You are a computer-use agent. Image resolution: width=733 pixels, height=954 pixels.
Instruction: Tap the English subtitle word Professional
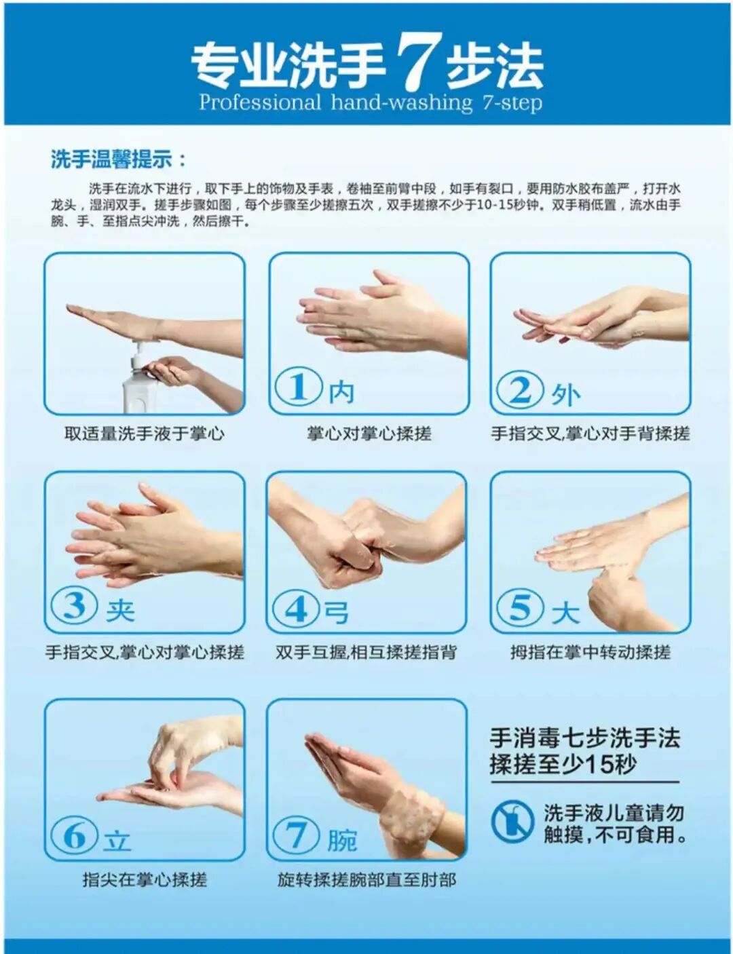click(259, 103)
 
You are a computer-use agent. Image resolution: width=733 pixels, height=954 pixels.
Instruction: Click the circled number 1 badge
click(298, 387)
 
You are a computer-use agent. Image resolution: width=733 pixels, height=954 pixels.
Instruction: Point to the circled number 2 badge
click(520, 390)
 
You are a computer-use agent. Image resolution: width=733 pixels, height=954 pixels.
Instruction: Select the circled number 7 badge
click(297, 835)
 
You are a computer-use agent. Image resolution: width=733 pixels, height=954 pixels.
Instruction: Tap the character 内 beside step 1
click(341, 392)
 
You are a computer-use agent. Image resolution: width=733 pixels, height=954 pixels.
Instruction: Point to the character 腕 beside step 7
click(342, 840)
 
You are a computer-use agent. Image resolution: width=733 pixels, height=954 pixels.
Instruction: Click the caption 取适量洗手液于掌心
click(144, 434)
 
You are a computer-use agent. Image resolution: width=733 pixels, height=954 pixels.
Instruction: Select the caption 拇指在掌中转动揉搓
click(590, 652)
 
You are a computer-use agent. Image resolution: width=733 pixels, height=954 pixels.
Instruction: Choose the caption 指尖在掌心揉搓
click(144, 880)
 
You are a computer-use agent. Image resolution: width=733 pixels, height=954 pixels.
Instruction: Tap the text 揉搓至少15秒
click(563, 765)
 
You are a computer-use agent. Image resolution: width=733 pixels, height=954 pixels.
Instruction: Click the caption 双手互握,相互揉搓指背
click(366, 652)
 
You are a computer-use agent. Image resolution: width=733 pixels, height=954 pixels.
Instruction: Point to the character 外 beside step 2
click(565, 394)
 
